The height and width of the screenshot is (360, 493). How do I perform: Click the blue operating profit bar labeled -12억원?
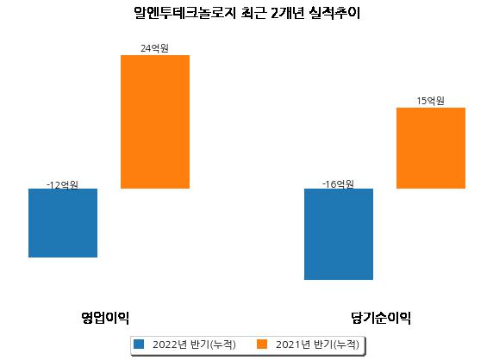63,223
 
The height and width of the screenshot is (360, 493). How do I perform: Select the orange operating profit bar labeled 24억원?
155,122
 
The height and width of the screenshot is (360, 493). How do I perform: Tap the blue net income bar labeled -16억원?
339,234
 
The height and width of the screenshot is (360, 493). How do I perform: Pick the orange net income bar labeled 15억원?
431,148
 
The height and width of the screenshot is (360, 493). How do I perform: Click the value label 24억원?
154,48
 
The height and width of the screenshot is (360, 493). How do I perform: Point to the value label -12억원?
62,184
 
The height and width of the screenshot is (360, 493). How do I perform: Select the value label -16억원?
339,184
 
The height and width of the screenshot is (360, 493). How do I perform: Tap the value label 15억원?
430,101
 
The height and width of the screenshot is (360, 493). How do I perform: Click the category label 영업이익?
105,318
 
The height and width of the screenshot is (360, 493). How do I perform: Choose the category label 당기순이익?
381,318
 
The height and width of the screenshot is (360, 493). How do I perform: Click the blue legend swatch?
139,344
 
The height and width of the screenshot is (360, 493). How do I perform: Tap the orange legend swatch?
262,344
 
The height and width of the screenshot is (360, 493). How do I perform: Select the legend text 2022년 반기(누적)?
194,344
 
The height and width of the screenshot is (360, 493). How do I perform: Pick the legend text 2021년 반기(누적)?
317,344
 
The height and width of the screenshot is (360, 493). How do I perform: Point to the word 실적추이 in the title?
334,13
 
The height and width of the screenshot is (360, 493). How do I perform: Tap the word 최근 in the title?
253,13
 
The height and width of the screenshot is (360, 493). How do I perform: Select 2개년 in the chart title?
287,13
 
